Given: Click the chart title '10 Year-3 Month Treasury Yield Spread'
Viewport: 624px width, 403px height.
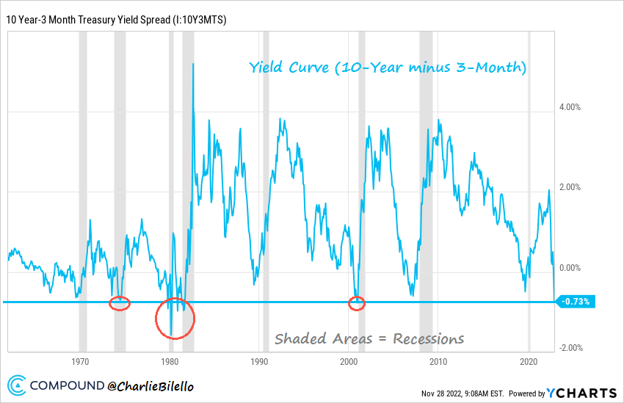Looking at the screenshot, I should point(115,20).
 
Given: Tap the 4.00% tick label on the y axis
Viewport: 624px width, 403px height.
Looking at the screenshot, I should point(570,107).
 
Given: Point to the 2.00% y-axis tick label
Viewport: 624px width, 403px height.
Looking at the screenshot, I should point(570,187).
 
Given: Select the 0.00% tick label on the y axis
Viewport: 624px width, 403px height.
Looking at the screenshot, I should point(570,268).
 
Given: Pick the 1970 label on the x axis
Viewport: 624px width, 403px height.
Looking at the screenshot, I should point(80,362).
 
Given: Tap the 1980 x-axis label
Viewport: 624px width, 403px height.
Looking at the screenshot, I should point(170,362).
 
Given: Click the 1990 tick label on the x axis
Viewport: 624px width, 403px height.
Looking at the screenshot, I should point(259,362).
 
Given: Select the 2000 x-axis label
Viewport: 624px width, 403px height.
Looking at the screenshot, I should point(349,362).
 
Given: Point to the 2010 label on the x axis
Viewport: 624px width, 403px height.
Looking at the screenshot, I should point(439,362).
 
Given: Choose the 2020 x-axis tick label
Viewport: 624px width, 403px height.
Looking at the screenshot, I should point(529,362).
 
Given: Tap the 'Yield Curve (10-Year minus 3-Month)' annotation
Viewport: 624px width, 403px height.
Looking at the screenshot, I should point(388,68).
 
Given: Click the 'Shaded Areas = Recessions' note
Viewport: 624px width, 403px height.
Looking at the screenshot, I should point(369,338).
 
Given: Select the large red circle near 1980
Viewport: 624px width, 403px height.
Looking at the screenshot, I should point(175,319).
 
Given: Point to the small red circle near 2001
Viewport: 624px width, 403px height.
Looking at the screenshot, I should point(357,303).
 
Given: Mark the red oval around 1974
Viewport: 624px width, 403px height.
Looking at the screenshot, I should point(120,303).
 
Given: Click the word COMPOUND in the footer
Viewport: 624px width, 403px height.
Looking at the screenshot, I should point(67,384).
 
